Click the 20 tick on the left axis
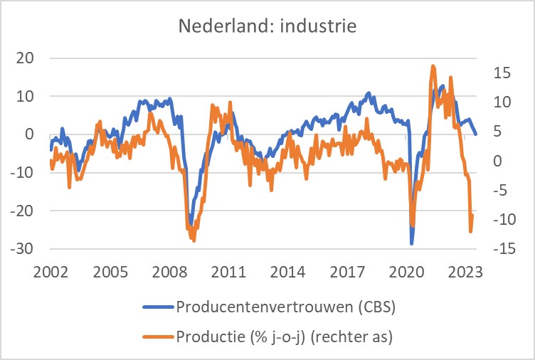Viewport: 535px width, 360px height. pyautogui.click(x=25, y=58)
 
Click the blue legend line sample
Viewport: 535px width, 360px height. pyautogui.click(x=157, y=307)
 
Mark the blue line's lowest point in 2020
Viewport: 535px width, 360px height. pyautogui.click(x=411, y=243)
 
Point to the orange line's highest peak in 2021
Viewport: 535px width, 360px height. pyautogui.click(x=433, y=65)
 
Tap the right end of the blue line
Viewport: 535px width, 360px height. pyautogui.click(x=476, y=134)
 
